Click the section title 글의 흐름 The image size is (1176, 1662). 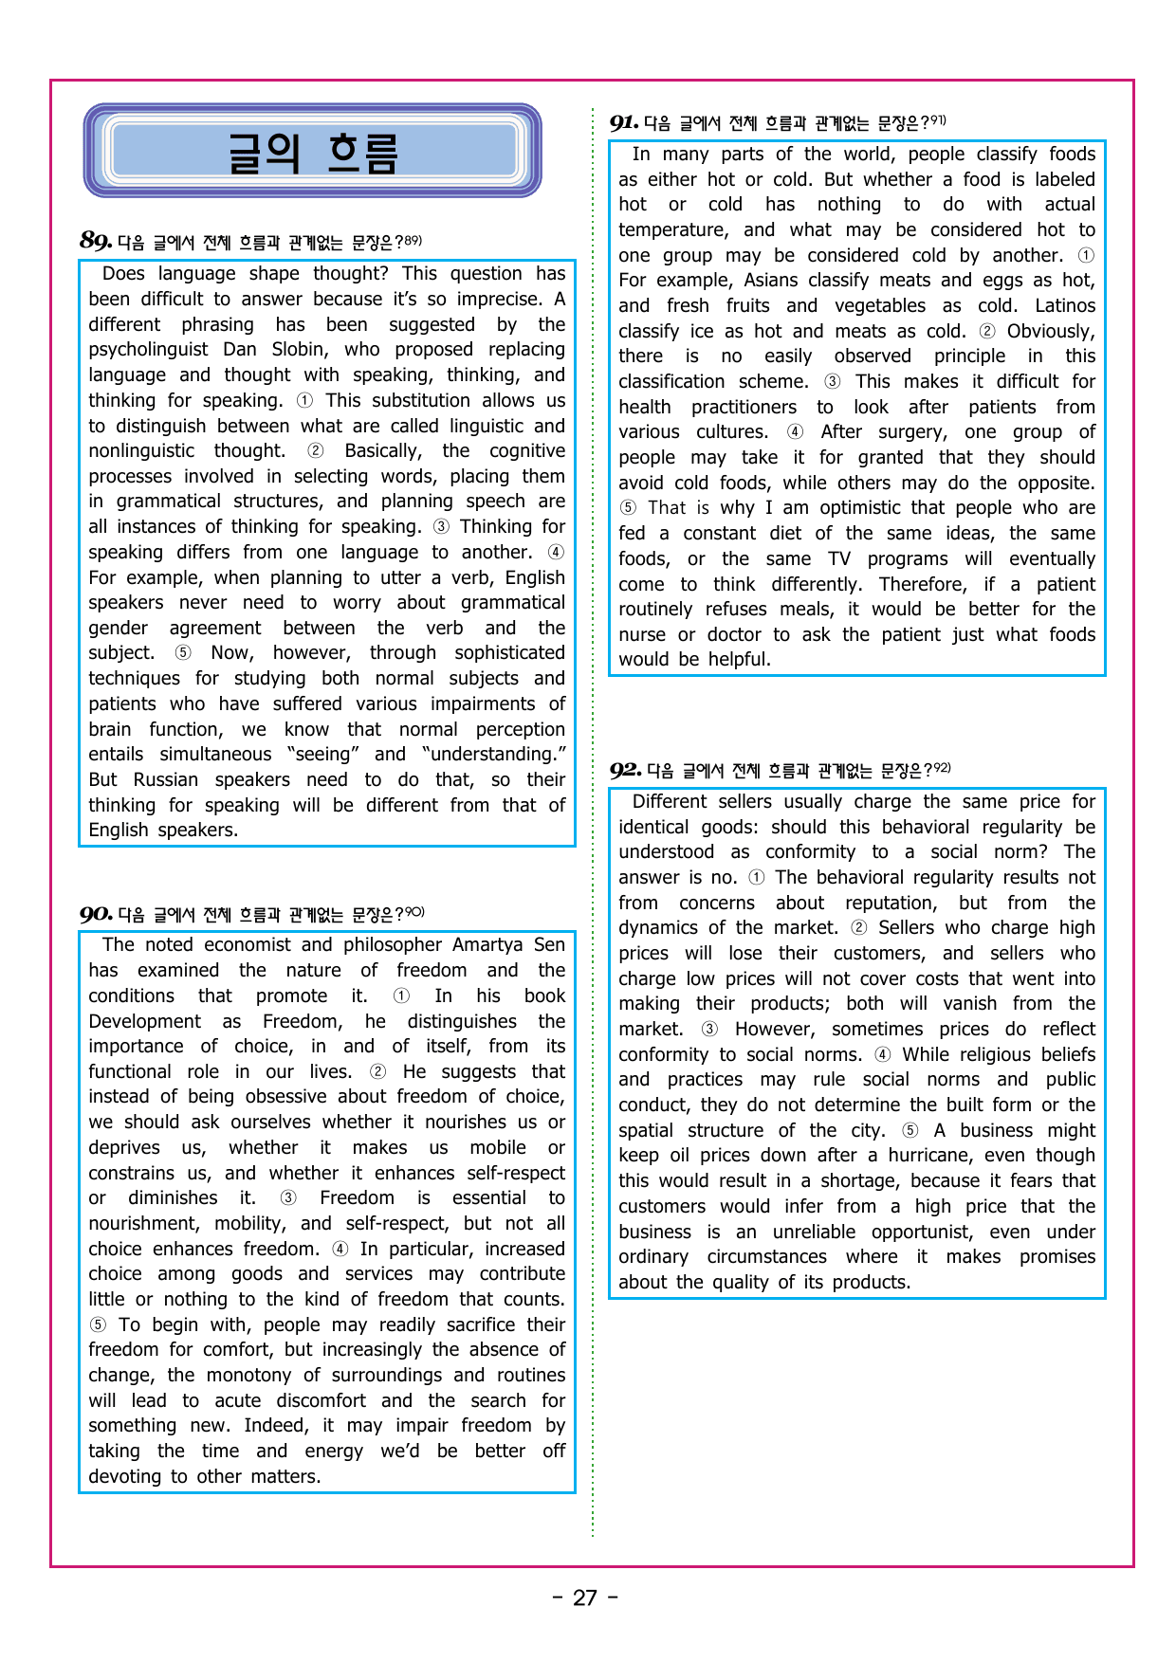click(x=312, y=152)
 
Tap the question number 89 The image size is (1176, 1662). click(x=96, y=241)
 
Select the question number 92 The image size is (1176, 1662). click(x=625, y=770)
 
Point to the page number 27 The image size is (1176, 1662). click(x=585, y=1598)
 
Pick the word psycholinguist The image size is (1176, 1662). click(x=148, y=349)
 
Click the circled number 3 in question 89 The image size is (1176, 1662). click(x=441, y=527)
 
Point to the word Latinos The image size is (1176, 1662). click(x=1065, y=305)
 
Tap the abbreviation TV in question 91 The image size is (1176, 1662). click(x=839, y=558)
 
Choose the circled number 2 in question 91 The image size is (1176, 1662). click(x=987, y=331)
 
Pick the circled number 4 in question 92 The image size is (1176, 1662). click(x=883, y=1054)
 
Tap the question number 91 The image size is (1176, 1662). click(x=624, y=122)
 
